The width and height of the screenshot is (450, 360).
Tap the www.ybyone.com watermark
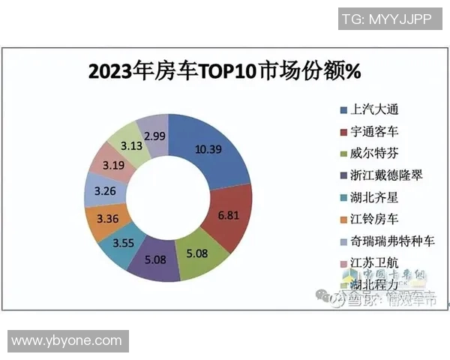pos(67,340)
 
